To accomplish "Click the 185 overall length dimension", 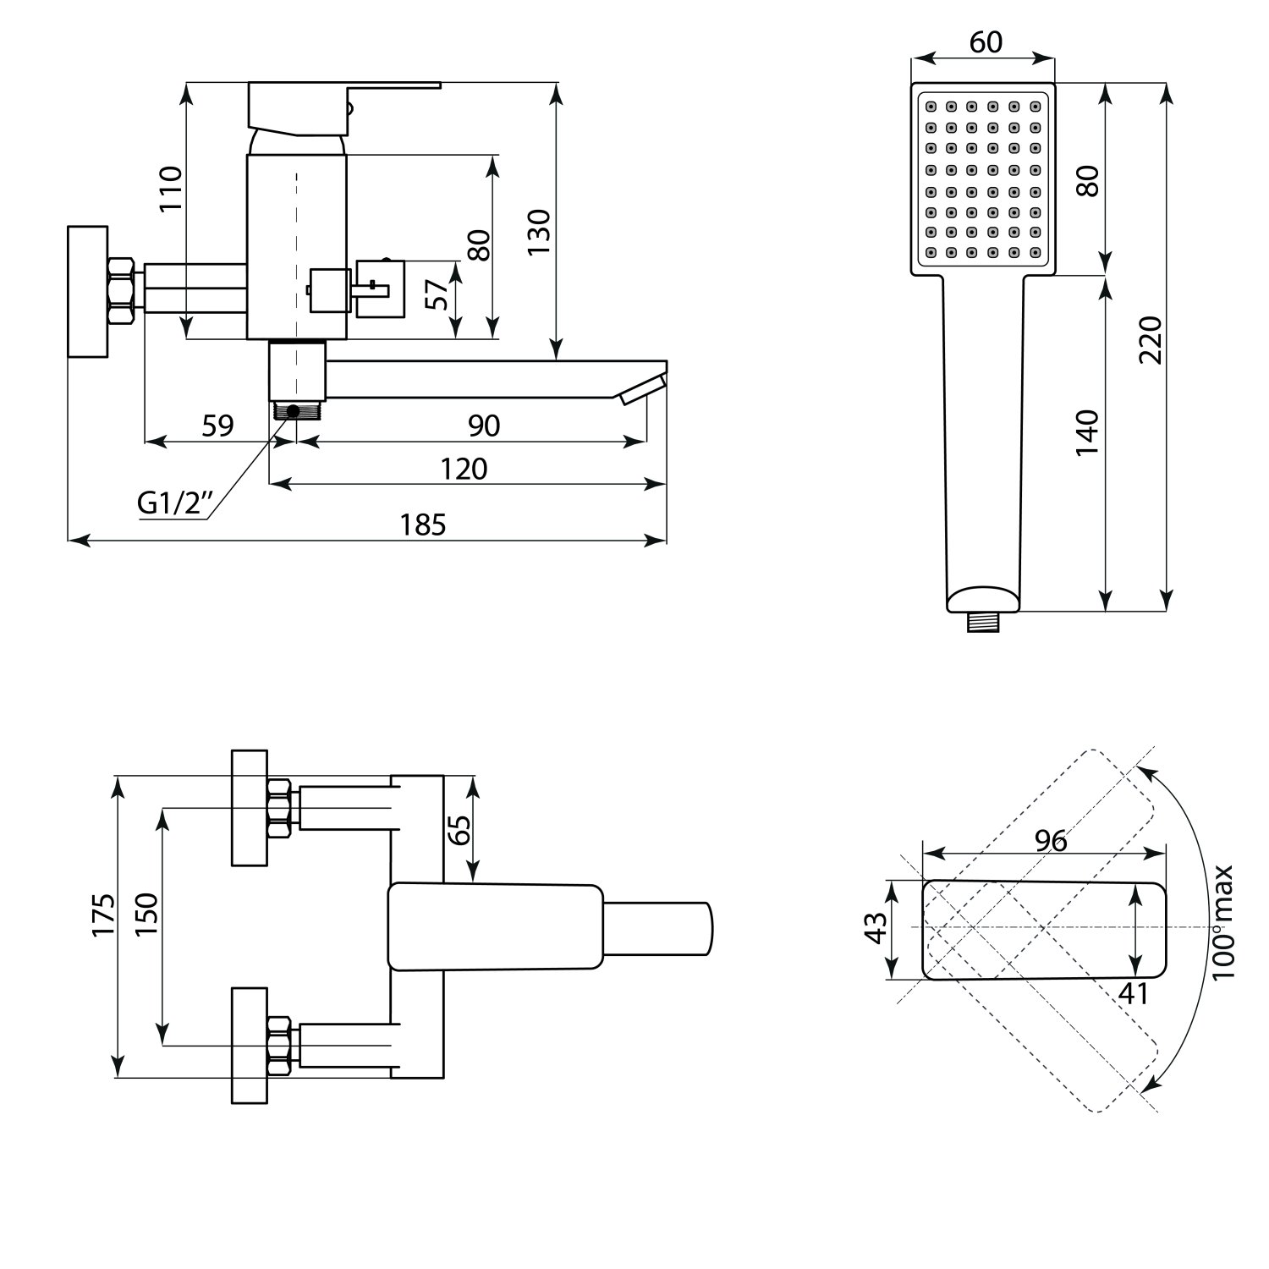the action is pyautogui.click(x=423, y=525).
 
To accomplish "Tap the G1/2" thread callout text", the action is pyautogui.click(x=173, y=504).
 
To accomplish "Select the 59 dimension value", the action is pyautogui.click(x=217, y=426).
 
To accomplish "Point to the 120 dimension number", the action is pyautogui.click(x=464, y=469).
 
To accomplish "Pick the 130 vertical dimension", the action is pyautogui.click(x=539, y=232).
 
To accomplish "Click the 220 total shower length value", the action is pyautogui.click(x=1150, y=339).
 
